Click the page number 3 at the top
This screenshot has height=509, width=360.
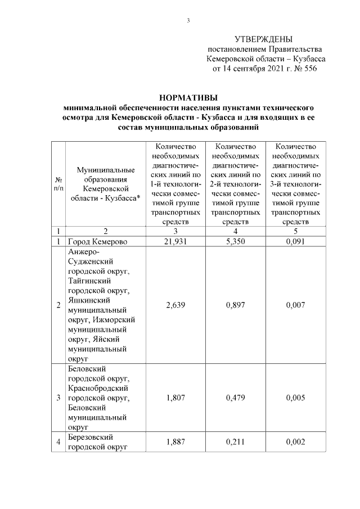[188, 21]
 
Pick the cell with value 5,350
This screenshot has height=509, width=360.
[236, 241]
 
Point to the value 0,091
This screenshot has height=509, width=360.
[296, 241]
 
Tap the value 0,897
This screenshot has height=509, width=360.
[236, 305]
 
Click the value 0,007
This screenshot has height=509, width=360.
[296, 305]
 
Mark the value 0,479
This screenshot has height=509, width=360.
[236, 397]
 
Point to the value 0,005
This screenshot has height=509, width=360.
[296, 397]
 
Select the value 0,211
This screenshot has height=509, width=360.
[236, 442]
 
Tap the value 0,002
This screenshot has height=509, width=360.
[296, 442]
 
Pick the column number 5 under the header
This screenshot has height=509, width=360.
[296, 231]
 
